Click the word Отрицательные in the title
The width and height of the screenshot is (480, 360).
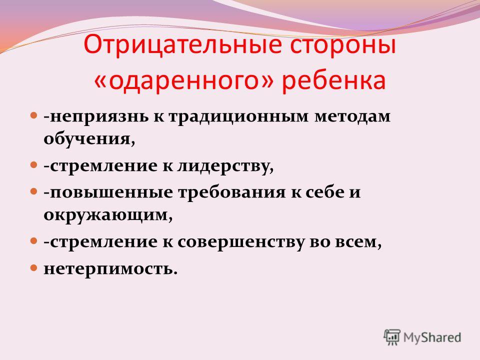(182, 45)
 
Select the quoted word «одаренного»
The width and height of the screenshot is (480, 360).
(183, 80)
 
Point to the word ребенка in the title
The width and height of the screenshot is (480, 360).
(333, 80)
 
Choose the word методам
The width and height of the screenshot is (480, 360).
(352, 116)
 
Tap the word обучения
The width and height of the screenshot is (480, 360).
(89, 138)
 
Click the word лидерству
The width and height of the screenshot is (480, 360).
(225, 166)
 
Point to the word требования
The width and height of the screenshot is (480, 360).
(231, 192)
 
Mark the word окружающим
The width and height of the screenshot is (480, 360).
(108, 215)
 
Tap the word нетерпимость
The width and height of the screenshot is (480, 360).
(110, 268)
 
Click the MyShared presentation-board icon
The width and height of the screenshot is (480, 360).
(392, 337)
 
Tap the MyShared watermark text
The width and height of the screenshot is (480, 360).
(432, 337)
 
